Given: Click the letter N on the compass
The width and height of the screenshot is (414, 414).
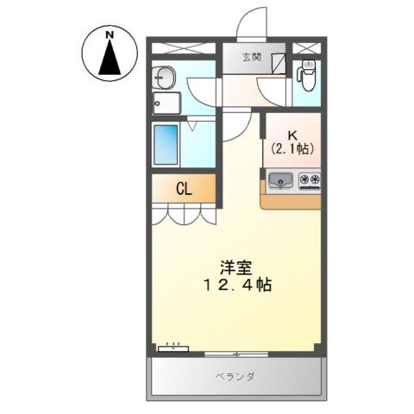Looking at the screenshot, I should [x=110, y=34].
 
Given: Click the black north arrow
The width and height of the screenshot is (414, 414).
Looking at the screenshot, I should [x=110, y=59].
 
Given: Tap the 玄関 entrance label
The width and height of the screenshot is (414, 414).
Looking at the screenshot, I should [x=251, y=58].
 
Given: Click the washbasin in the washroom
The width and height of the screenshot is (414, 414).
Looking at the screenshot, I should [x=165, y=78].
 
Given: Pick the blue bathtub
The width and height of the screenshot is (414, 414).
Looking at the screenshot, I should [x=166, y=145].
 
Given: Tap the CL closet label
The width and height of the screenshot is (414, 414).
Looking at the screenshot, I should [x=184, y=188].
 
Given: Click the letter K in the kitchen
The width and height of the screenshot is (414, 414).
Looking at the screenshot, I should [x=292, y=135].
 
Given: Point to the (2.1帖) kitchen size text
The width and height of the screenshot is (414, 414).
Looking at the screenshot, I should [x=292, y=149].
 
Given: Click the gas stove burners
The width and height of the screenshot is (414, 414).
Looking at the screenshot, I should [x=310, y=180].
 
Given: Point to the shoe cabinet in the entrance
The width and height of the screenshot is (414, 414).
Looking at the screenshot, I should [x=278, y=64].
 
